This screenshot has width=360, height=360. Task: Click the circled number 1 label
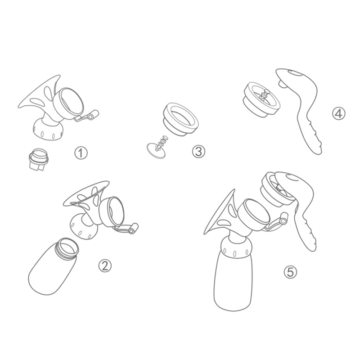tap(81, 153)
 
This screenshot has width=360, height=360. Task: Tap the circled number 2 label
tap(104, 265)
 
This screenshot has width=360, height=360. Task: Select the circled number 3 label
tap(198, 152)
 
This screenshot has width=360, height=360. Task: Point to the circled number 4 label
tap(339, 113)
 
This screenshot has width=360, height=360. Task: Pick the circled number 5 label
tap(290, 271)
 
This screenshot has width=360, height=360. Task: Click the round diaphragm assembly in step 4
tap(261, 97)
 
